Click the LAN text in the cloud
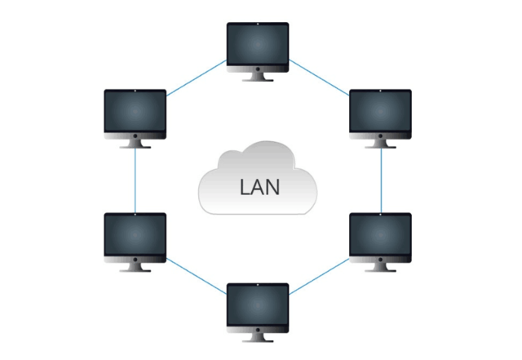coord(260,186)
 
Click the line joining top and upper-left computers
coord(197,78)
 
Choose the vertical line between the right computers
coord(382,180)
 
